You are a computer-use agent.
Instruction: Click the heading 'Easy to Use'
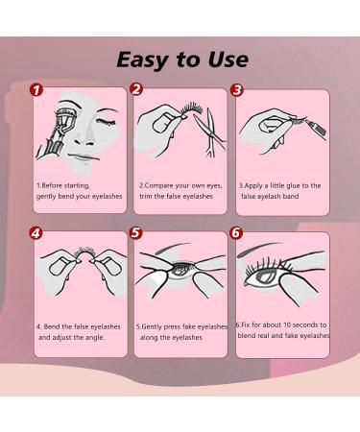click(181, 60)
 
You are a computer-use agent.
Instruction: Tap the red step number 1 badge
click(36, 91)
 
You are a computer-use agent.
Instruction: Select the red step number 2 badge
click(136, 91)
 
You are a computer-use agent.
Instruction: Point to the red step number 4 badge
click(36, 232)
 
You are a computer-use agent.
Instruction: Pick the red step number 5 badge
click(136, 232)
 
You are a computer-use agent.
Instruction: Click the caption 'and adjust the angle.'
click(72, 337)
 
